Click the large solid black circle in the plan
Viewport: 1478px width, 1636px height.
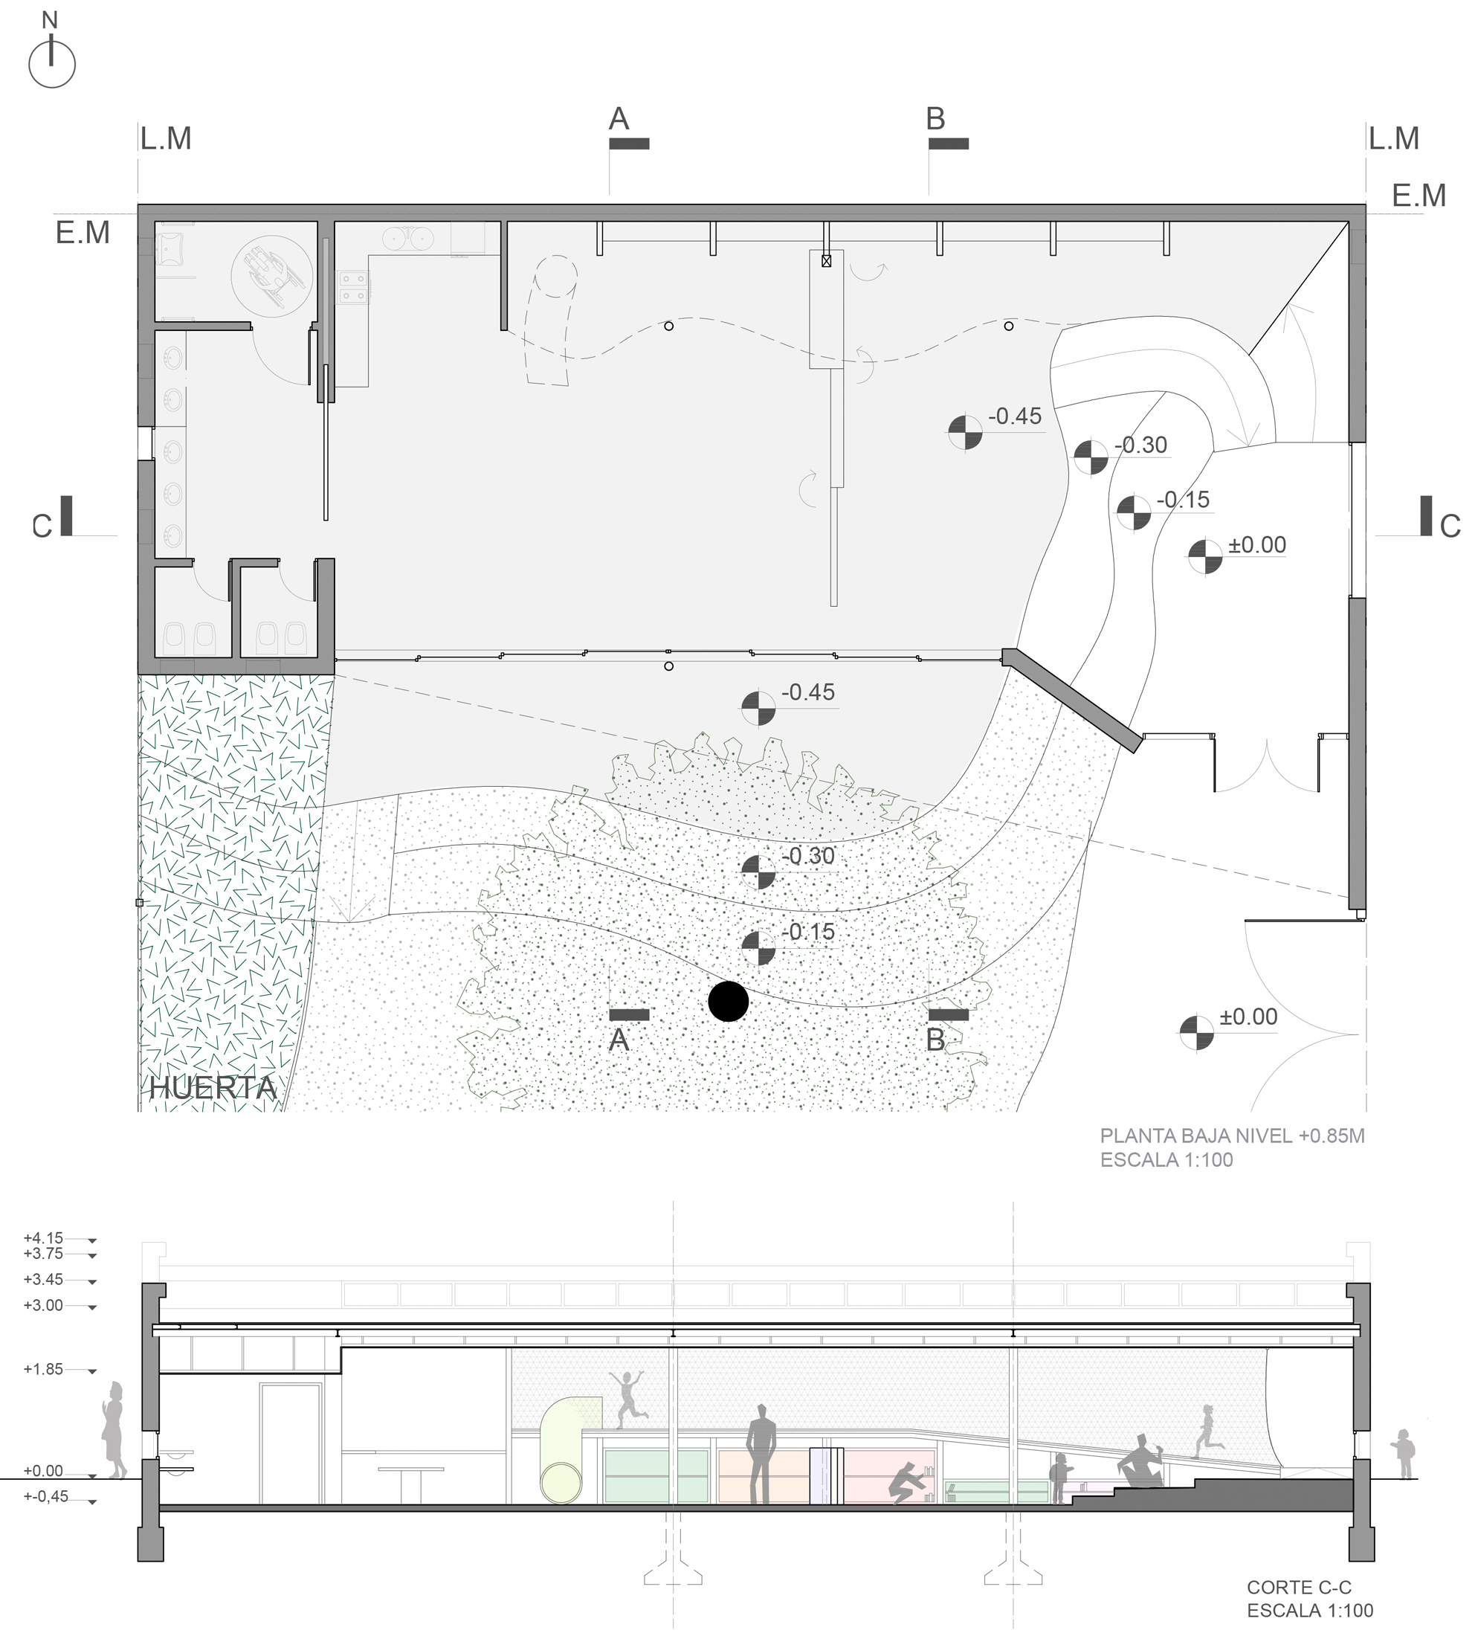pyautogui.click(x=728, y=1001)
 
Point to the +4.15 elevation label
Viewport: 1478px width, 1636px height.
pyautogui.click(x=43, y=1237)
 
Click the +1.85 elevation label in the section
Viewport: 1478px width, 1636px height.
pyautogui.click(x=43, y=1369)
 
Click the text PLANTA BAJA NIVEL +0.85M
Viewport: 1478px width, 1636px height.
pyautogui.click(x=1232, y=1136)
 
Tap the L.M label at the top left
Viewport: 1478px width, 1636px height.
pyautogui.click(x=166, y=139)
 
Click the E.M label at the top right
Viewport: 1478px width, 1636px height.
pyautogui.click(x=1419, y=196)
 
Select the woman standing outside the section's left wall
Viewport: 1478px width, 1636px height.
pyautogui.click(x=114, y=1431)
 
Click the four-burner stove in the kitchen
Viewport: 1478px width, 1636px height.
pyautogui.click(x=354, y=287)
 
